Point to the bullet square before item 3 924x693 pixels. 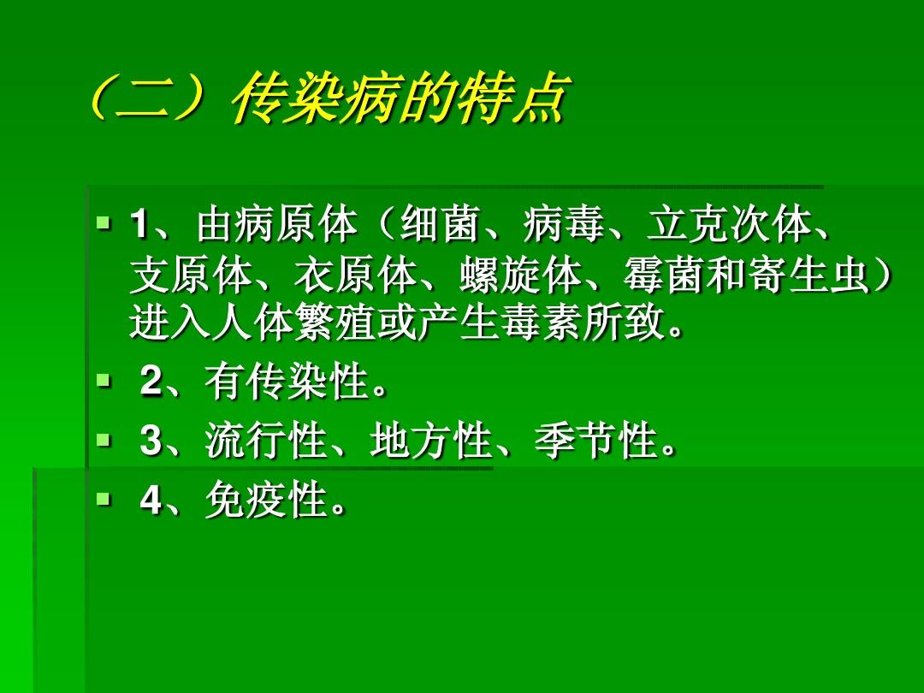104,441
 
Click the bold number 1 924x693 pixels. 138,227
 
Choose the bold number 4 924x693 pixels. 151,500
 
